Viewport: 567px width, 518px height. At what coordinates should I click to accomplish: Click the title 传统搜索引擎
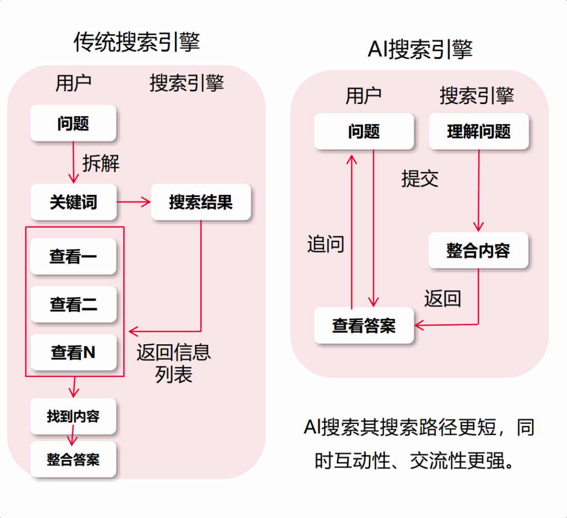coord(136,43)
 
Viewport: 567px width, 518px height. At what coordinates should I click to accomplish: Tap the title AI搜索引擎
coord(420,49)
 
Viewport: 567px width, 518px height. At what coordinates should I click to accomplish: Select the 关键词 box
coord(73,203)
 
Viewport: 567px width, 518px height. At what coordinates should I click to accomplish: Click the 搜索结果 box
coord(200,203)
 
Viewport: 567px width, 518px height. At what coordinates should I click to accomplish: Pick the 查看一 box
coord(73,257)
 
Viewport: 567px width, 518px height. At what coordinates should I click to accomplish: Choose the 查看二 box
coord(73,304)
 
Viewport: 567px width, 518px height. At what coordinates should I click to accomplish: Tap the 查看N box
coord(73,353)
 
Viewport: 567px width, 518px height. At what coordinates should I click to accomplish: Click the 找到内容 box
coord(73,416)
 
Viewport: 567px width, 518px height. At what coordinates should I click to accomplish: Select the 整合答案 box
coord(73,459)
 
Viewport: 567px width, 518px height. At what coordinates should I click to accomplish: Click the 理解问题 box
coord(478,132)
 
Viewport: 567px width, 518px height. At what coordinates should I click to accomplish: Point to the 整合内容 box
coord(478,251)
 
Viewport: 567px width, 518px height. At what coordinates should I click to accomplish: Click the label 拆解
coord(101,163)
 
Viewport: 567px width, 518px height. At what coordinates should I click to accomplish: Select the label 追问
coord(326,244)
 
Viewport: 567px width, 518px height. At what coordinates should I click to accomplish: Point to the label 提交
coord(420,178)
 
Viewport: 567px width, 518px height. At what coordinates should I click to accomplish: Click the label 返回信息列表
coord(174,364)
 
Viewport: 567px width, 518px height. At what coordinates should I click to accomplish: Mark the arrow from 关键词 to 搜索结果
coord(133,202)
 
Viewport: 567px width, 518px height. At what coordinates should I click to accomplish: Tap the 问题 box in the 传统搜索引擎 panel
coord(73,123)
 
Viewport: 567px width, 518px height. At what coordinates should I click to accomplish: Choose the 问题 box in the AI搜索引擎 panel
coord(364,132)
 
